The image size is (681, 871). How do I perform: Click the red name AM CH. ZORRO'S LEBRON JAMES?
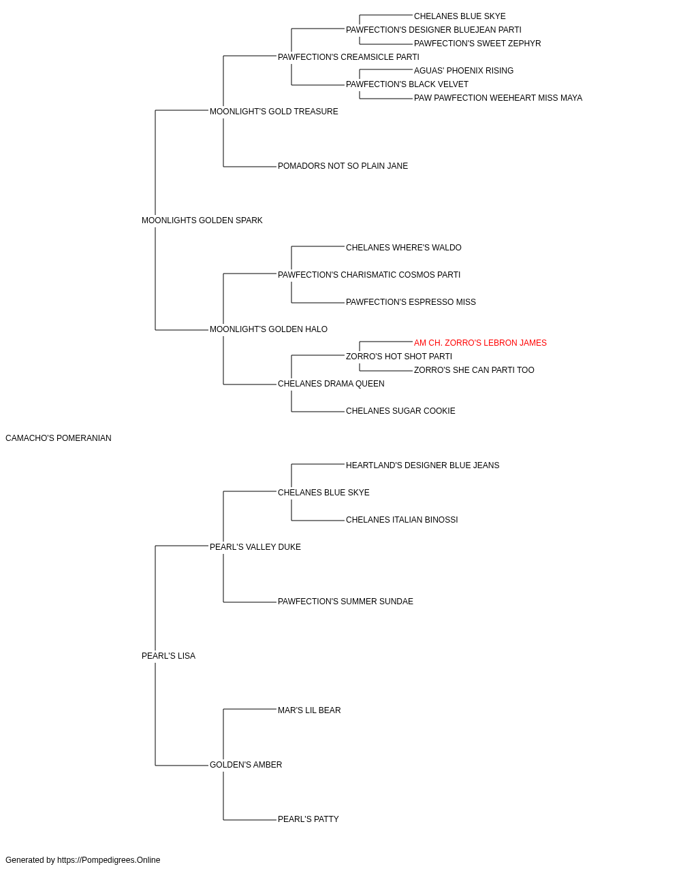click(480, 343)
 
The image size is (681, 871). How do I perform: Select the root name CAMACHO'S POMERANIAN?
click(59, 438)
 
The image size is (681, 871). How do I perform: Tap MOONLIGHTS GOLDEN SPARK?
click(202, 220)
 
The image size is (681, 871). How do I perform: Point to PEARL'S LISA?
click(168, 656)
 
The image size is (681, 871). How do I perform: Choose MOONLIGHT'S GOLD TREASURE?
click(274, 112)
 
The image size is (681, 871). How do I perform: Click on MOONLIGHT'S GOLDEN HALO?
click(269, 329)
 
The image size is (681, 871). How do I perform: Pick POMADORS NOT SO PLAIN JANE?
click(343, 166)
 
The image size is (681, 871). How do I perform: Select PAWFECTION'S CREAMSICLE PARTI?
click(349, 57)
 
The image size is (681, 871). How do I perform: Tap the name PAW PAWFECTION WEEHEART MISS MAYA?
click(498, 98)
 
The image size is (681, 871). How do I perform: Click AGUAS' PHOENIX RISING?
click(464, 71)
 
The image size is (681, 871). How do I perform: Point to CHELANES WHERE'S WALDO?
click(404, 248)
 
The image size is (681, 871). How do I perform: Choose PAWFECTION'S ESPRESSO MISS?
click(411, 302)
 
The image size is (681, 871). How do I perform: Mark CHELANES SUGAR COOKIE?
click(400, 411)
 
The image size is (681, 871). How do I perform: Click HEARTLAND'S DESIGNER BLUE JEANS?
click(423, 465)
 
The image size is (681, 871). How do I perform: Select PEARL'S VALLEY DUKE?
click(255, 546)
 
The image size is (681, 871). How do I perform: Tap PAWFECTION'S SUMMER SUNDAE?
click(346, 602)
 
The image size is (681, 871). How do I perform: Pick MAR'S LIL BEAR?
click(309, 710)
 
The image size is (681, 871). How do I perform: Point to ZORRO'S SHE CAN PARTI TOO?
click(474, 370)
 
